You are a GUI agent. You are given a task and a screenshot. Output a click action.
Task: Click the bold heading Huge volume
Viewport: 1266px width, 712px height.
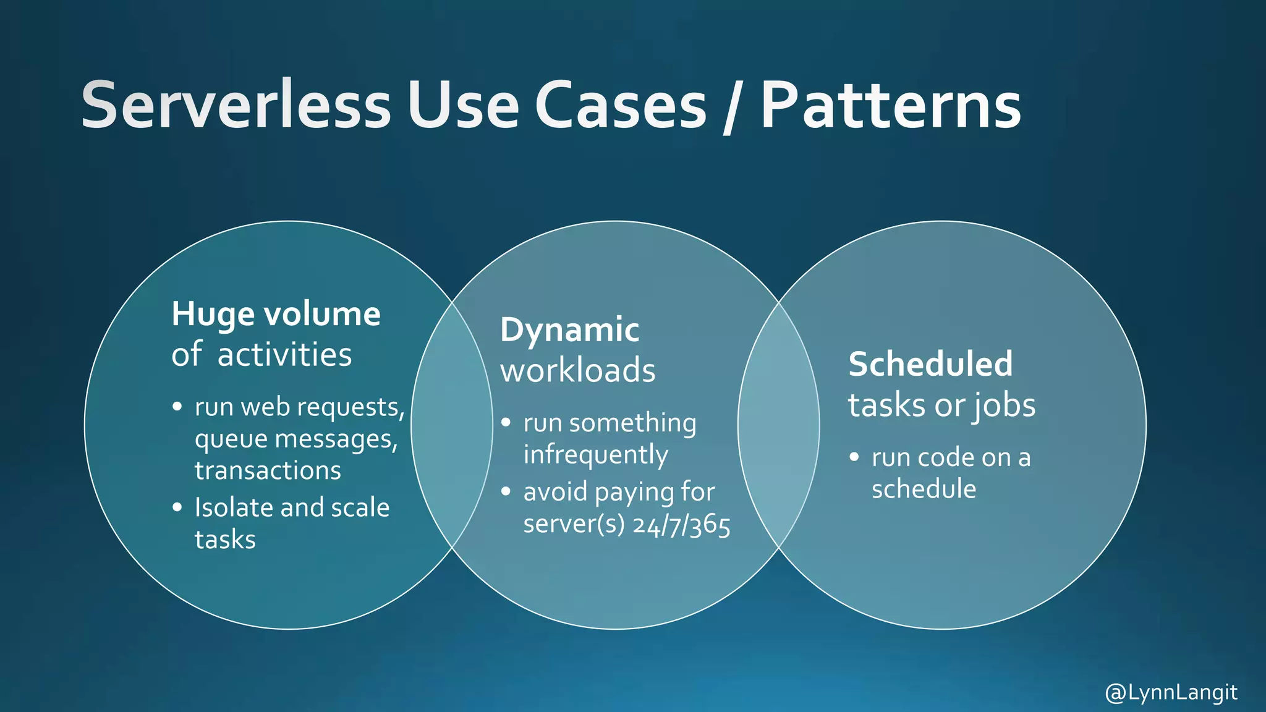[x=276, y=314]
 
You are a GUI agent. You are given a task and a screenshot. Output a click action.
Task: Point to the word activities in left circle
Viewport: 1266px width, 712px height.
[x=284, y=355]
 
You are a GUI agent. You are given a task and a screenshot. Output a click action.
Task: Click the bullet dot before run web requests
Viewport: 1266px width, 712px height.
[x=177, y=407]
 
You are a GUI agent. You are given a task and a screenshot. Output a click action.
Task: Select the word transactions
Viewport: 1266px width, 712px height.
[x=268, y=470]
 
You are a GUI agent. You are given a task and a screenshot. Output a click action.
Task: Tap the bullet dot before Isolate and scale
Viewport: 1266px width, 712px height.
[x=177, y=507]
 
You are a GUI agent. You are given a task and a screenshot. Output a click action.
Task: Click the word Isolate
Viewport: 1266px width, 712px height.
[x=234, y=507]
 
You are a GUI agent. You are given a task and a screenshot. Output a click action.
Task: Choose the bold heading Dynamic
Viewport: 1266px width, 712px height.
[x=569, y=330]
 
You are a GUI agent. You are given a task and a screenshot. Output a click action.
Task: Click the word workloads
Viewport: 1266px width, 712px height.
[x=577, y=371]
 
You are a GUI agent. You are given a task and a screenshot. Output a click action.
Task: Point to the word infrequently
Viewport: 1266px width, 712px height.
[x=595, y=455]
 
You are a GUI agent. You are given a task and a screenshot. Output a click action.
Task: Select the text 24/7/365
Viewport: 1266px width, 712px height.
[x=682, y=525]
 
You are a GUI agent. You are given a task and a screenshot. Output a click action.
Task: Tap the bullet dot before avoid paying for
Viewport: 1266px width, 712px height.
[x=506, y=492]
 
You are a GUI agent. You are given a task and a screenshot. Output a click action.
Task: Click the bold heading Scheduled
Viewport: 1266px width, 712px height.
[x=930, y=364]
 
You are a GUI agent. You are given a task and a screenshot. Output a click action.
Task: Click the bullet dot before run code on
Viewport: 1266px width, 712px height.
[x=854, y=457]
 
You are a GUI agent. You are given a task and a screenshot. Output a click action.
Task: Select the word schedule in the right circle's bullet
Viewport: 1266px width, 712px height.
[x=924, y=489]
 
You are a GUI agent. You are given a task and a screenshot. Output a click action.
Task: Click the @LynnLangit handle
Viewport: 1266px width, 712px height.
[x=1171, y=692]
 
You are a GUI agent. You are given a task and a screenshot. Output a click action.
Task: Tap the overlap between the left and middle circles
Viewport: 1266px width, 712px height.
[x=452, y=425]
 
